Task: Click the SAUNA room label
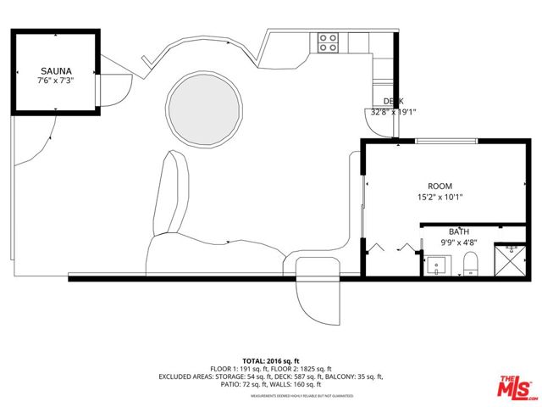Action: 57,71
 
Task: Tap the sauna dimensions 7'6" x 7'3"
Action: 57,81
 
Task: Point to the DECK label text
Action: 394,101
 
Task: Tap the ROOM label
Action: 440,186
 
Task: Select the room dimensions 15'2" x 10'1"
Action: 440,197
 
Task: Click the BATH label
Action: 458,231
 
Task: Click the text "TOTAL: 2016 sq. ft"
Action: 271,361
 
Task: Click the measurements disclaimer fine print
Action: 271,395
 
